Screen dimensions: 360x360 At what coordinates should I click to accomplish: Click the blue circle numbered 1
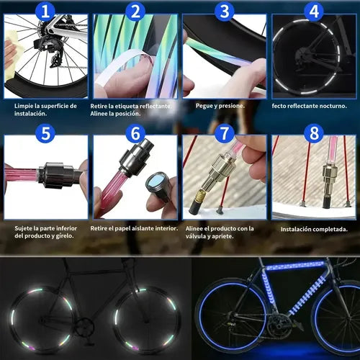(x=45, y=12)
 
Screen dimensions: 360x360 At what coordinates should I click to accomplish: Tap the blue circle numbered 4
(x=314, y=12)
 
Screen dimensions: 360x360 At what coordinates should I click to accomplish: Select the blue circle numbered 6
(x=135, y=133)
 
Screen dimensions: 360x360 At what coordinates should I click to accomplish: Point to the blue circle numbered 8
(x=314, y=133)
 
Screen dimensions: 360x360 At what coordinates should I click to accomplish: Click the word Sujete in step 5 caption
(x=23, y=228)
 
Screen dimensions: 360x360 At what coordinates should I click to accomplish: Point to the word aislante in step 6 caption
(x=143, y=228)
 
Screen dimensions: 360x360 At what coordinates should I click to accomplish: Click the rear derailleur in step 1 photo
(x=53, y=52)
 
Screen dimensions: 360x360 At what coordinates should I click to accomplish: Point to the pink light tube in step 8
(x=333, y=150)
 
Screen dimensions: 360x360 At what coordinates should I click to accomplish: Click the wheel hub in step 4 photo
(x=303, y=55)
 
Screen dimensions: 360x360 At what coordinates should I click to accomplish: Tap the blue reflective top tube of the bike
(x=294, y=266)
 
